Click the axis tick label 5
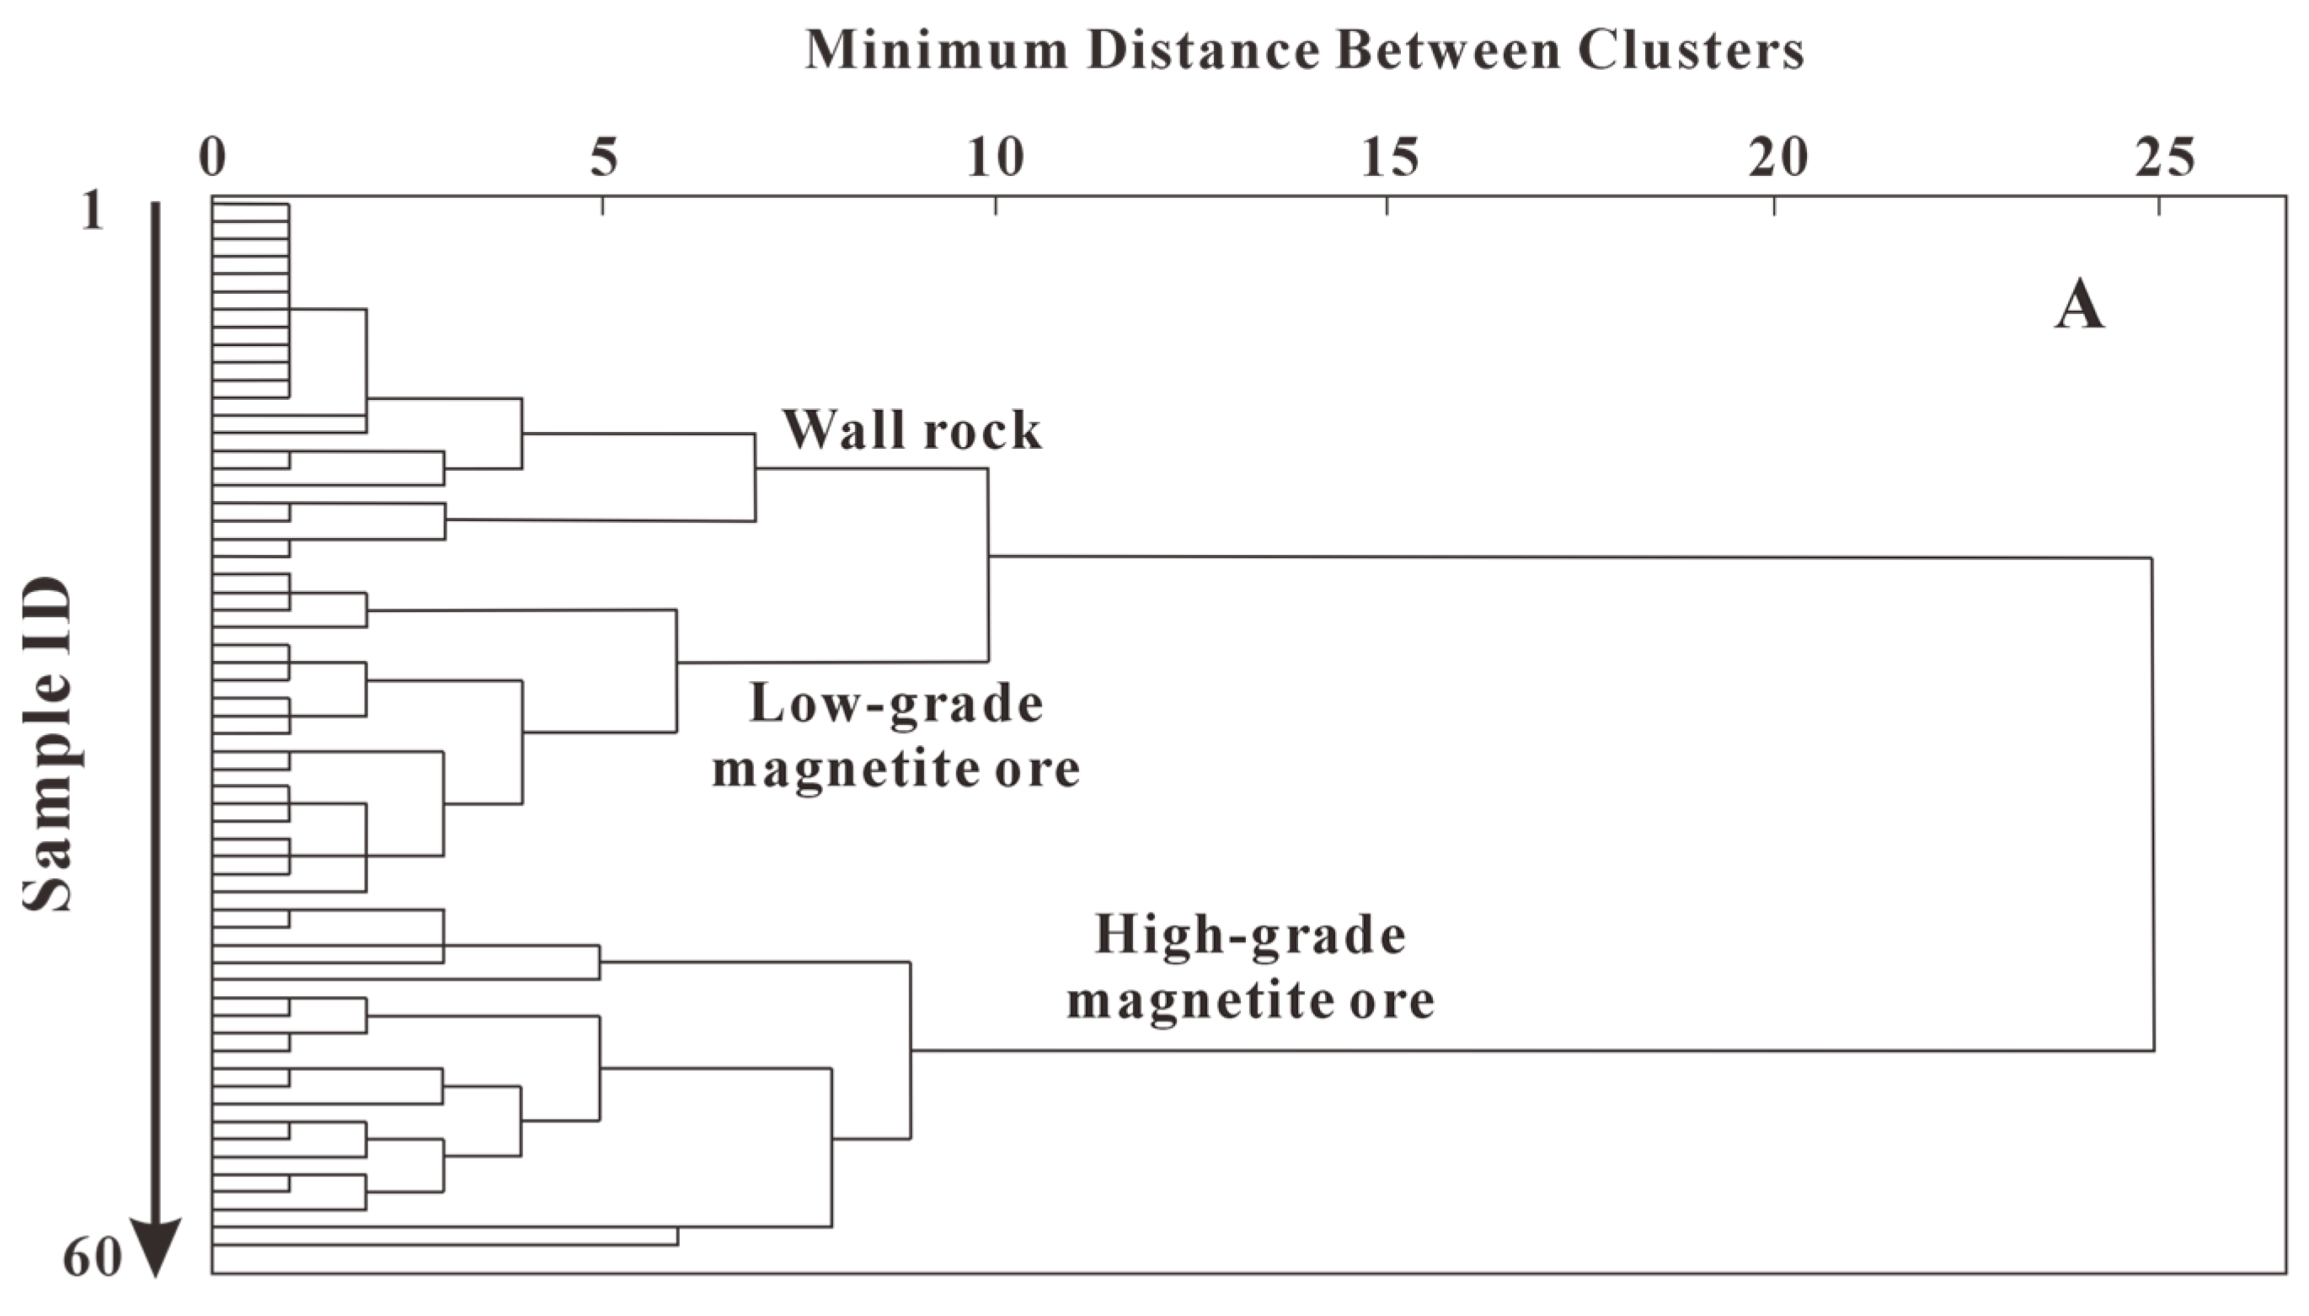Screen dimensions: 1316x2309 click(x=603, y=159)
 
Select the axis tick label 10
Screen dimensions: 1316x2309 click(x=996, y=159)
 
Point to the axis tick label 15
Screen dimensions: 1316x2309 click(x=1388, y=159)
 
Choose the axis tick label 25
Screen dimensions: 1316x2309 click(x=2163, y=159)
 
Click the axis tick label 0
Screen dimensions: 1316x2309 click(x=212, y=159)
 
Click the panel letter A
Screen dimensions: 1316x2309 click(x=2078, y=308)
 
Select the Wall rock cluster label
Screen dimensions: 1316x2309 click(x=911, y=429)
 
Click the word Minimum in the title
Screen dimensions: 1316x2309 click(x=937, y=50)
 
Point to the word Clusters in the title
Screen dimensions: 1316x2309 click(x=1691, y=50)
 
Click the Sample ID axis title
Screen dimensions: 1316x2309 click(x=47, y=743)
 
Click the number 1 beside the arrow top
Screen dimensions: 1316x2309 click(x=92, y=213)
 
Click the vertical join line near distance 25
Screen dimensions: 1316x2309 click(x=2152, y=804)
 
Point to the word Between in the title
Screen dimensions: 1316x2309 click(x=1448, y=50)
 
